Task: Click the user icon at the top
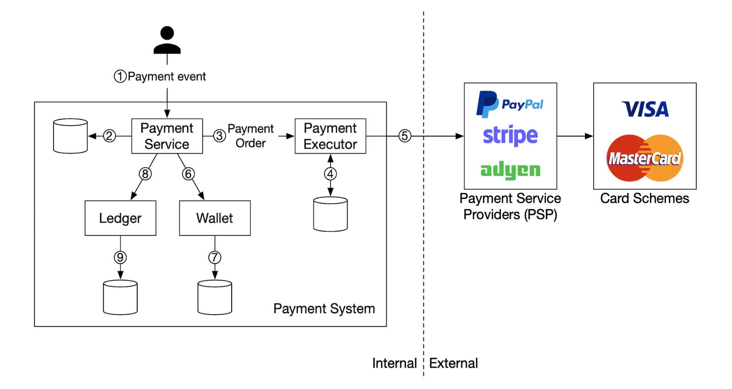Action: click(x=167, y=40)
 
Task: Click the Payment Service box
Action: click(x=167, y=136)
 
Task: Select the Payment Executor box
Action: click(x=330, y=136)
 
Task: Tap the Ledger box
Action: click(x=120, y=218)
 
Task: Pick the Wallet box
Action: click(x=214, y=218)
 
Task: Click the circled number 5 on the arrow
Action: click(x=404, y=136)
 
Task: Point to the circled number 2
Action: click(x=109, y=136)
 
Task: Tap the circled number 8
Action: click(x=145, y=174)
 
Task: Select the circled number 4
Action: click(x=330, y=174)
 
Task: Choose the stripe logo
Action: click(x=510, y=136)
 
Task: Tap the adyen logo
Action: click(x=510, y=170)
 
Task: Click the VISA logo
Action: click(x=645, y=110)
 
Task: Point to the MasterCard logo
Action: click(x=645, y=158)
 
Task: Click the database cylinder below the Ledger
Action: click(x=120, y=297)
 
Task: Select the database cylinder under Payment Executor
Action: click(x=330, y=214)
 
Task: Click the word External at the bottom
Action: click(x=453, y=363)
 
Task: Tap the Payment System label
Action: click(x=324, y=309)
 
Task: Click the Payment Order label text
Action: click(x=250, y=136)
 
